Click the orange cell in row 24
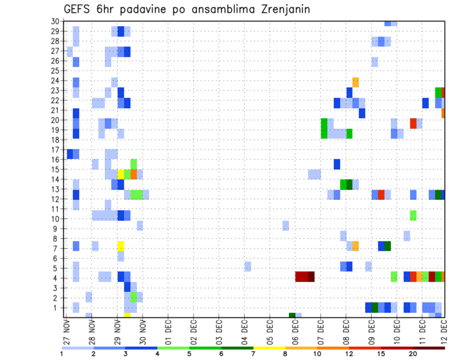point(355,82)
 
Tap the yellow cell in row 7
point(121,246)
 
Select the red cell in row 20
point(413,123)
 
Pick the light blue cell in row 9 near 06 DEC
point(285,226)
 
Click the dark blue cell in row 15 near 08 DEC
point(336,164)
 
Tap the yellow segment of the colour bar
point(269,348)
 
